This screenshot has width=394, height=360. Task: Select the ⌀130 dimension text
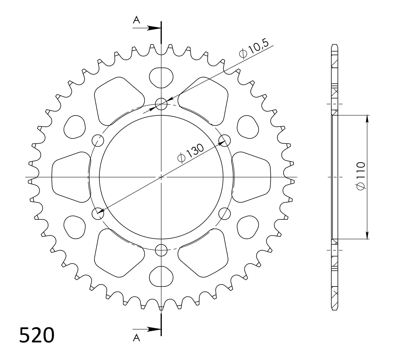pos(191,153)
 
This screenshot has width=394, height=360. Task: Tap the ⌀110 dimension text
pos(361,175)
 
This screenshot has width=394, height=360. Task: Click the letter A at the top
pos(137,20)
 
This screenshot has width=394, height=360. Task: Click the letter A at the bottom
pos(136,338)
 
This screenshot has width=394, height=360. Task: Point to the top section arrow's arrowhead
pos(156,28)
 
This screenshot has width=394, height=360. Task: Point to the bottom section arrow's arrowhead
pos(156,329)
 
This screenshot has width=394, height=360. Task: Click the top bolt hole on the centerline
pos(161,104)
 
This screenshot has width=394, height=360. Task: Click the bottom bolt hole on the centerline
pos(161,250)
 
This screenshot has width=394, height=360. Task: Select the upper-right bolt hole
pos(224,140)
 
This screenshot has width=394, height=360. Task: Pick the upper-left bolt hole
pos(98,140)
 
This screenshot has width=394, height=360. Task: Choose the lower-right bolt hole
pos(224,213)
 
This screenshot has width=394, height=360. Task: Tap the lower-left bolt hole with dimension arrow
pos(98,213)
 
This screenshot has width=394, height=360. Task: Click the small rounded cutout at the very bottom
pos(161,276)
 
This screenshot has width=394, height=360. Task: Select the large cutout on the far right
pos(252,177)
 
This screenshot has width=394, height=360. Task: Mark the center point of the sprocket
pos(161,177)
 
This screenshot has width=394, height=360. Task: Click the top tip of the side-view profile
pos(335,45)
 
